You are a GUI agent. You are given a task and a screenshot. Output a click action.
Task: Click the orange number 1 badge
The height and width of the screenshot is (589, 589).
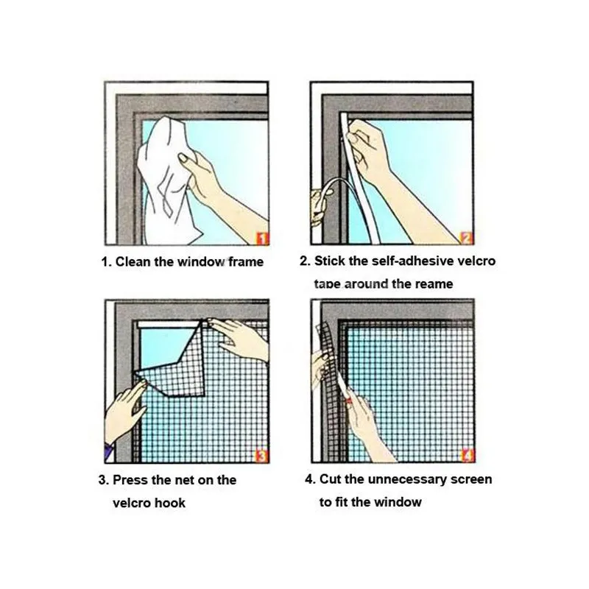tap(263, 239)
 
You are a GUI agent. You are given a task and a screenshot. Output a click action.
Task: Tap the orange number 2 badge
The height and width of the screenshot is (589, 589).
tap(466, 238)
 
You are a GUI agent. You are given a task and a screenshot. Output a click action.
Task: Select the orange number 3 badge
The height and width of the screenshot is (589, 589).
tap(261, 456)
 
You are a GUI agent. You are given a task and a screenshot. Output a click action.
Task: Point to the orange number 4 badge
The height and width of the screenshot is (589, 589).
tap(468, 456)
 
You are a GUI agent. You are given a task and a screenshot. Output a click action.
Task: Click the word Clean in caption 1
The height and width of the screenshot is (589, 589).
tap(133, 261)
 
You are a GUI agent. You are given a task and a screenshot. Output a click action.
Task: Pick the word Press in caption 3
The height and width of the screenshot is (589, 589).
tap(130, 480)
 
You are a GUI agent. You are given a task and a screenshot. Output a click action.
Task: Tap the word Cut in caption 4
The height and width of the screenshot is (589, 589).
tap(331, 479)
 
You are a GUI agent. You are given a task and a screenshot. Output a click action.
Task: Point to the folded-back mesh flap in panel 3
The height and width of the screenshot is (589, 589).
tap(174, 364)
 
